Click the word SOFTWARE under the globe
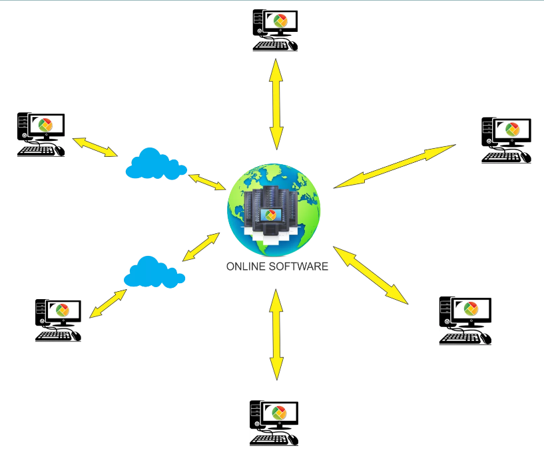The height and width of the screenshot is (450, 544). tap(296, 267)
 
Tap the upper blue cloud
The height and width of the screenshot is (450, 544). tap(154, 164)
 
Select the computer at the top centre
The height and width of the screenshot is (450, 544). tap(274, 30)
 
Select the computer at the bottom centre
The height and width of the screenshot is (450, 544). tap(274, 423)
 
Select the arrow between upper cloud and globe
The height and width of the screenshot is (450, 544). tap(207, 181)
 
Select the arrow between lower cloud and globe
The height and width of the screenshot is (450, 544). tap(201, 246)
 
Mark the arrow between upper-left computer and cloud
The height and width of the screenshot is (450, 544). tap(95, 146)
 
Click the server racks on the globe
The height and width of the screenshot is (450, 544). tap(269, 209)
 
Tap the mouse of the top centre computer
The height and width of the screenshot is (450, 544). tap(292, 47)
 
